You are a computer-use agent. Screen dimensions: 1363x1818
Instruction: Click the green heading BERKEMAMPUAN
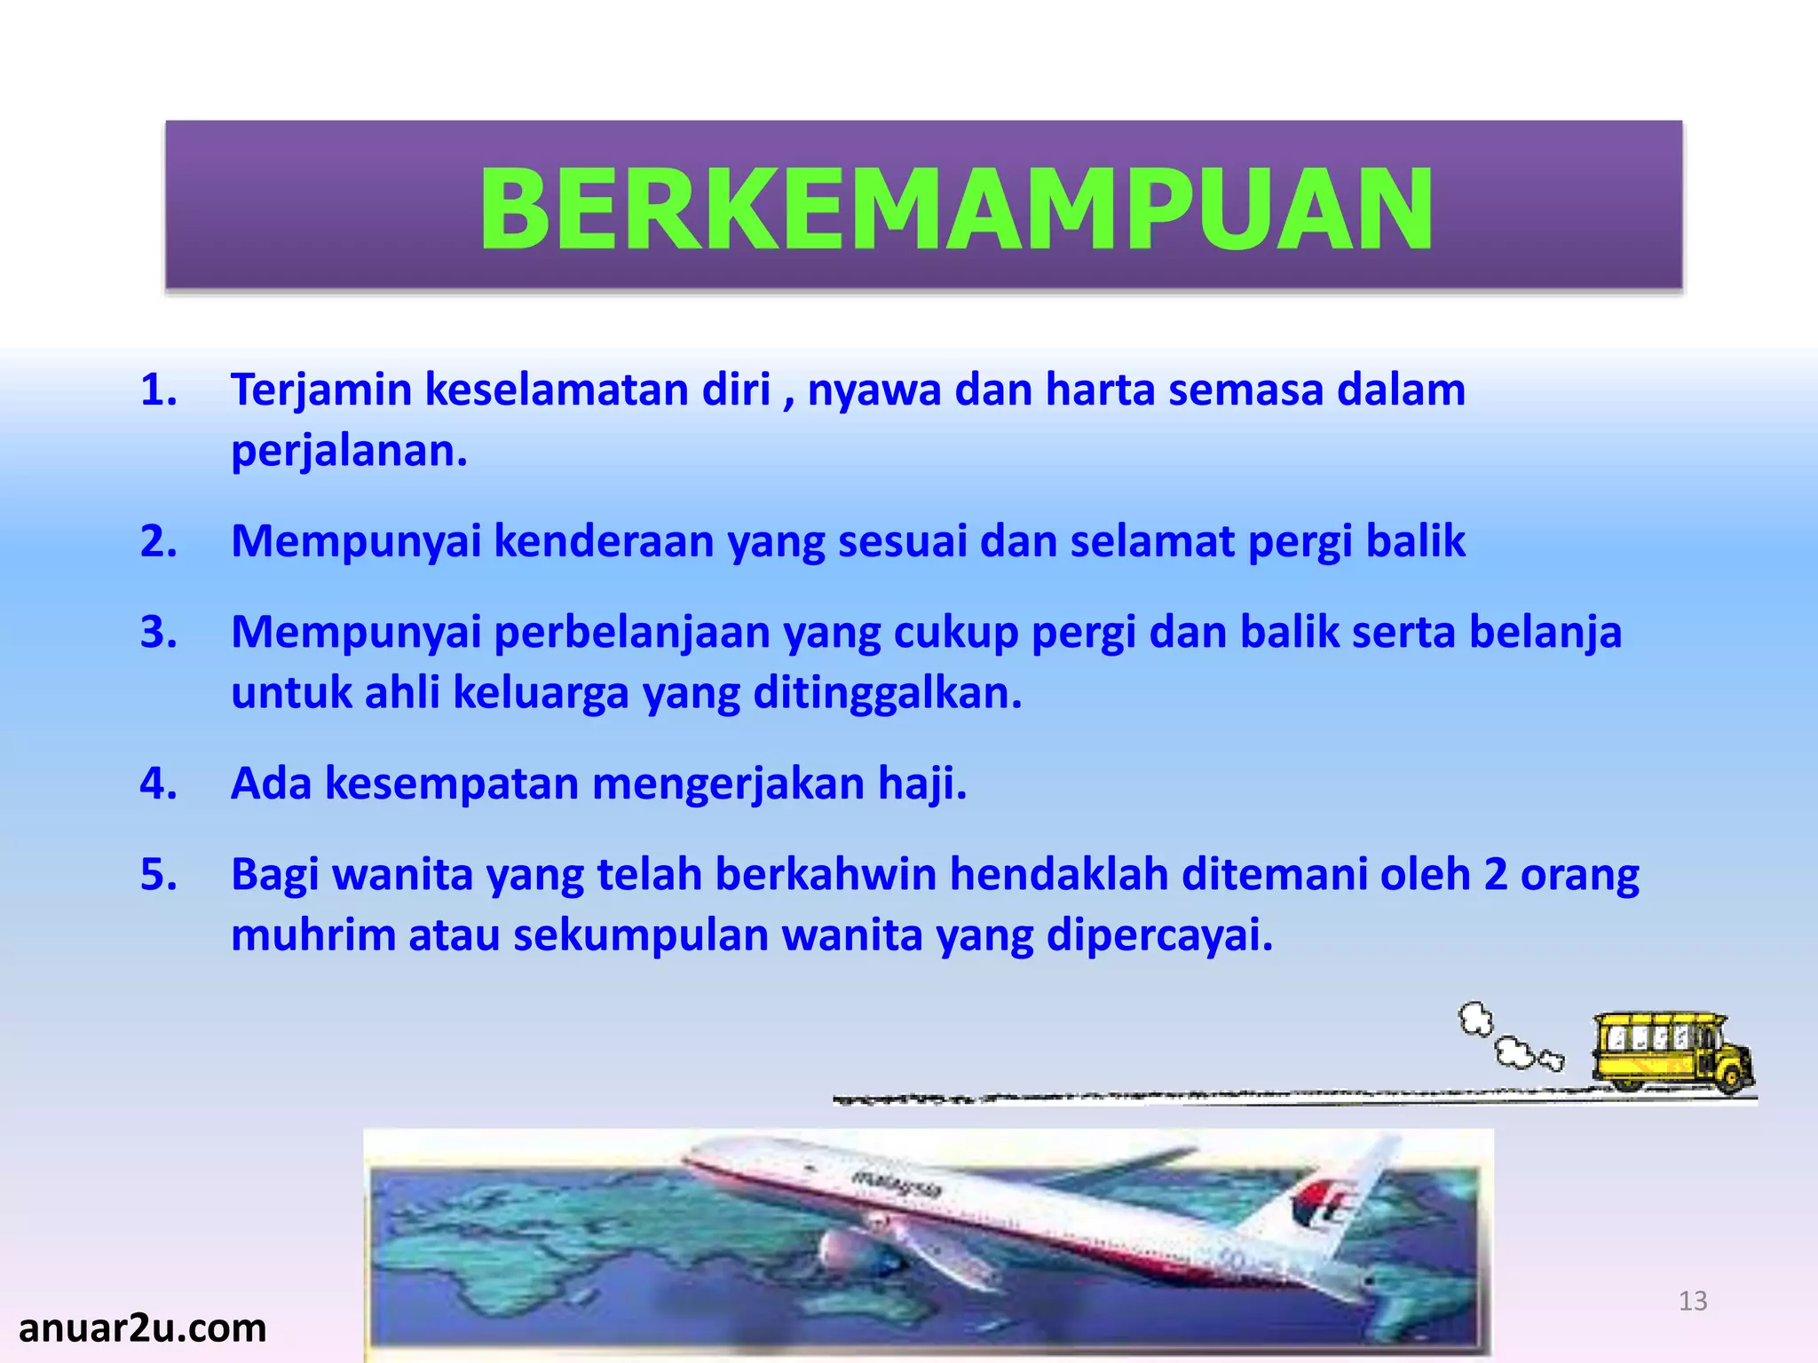coord(955,210)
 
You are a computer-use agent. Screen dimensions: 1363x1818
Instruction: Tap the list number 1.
coord(158,390)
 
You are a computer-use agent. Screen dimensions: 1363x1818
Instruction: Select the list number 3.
coord(158,633)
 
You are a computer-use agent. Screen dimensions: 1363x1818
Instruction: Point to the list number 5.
coord(158,875)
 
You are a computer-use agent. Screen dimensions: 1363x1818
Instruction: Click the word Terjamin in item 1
coord(321,390)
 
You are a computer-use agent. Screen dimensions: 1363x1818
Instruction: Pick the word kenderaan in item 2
coord(604,541)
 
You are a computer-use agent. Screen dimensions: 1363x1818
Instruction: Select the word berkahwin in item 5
coord(826,875)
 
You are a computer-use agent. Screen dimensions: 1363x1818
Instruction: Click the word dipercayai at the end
coord(1158,935)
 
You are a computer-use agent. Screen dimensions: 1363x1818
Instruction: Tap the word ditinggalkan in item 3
coord(887,693)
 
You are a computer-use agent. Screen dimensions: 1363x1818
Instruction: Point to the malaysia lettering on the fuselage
coord(897,1183)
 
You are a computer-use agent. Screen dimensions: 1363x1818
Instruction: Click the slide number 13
coord(1693,1301)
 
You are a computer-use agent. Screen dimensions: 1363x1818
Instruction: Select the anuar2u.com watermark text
coord(142,1328)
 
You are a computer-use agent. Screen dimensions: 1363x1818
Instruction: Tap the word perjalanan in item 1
coord(348,451)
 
